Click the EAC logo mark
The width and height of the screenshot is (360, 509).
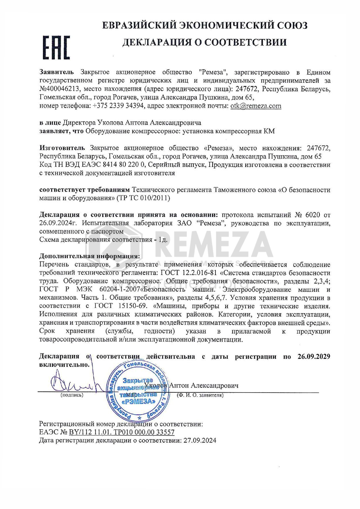56,48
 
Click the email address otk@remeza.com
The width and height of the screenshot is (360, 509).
256,106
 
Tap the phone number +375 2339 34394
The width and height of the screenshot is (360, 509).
118,106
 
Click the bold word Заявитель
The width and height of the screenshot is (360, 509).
57,72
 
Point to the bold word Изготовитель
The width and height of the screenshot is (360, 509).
62,148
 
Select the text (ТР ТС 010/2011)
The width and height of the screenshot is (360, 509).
143,198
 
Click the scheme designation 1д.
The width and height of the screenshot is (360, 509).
163,240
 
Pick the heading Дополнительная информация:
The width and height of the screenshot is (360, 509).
89,256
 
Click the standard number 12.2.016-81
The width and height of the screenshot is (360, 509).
200,273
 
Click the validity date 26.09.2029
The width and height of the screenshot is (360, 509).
314,357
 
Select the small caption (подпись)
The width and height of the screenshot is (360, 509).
72,395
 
